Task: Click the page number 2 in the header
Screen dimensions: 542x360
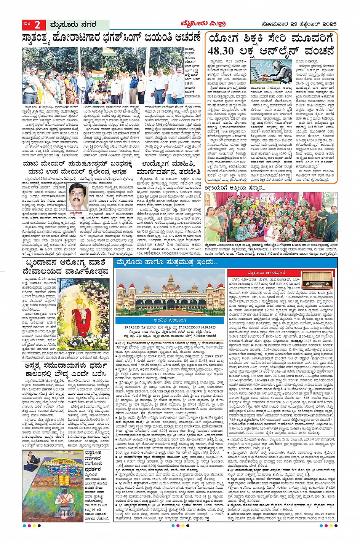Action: point(37,25)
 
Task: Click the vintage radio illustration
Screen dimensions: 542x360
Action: point(318,279)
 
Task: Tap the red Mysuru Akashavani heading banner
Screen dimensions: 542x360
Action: point(263,273)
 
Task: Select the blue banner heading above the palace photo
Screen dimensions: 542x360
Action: point(168,263)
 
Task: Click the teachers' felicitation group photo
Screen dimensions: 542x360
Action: point(271,217)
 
